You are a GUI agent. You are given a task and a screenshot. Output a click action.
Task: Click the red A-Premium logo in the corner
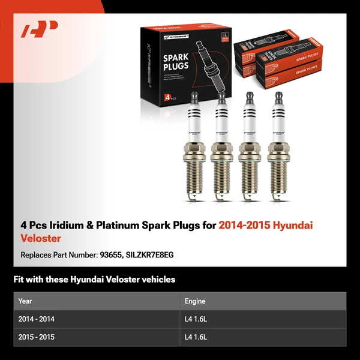pyautogui.click(x=40, y=29)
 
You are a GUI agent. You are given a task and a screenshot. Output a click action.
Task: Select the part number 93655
pyautogui.click(x=112, y=254)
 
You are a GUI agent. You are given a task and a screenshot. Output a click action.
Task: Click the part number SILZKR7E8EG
pyautogui.click(x=150, y=254)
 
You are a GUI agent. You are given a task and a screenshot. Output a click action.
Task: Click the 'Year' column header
pyautogui.click(x=25, y=301)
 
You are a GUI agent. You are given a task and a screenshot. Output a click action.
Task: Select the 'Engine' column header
pyautogui.click(x=194, y=301)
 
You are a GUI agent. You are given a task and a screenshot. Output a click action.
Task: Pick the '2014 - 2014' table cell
pyautogui.click(x=37, y=319)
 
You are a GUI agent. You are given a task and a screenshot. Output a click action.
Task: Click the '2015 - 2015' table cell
pyautogui.click(x=37, y=337)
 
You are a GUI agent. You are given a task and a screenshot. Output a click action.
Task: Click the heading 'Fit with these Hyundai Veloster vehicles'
pyautogui.click(x=94, y=279)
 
